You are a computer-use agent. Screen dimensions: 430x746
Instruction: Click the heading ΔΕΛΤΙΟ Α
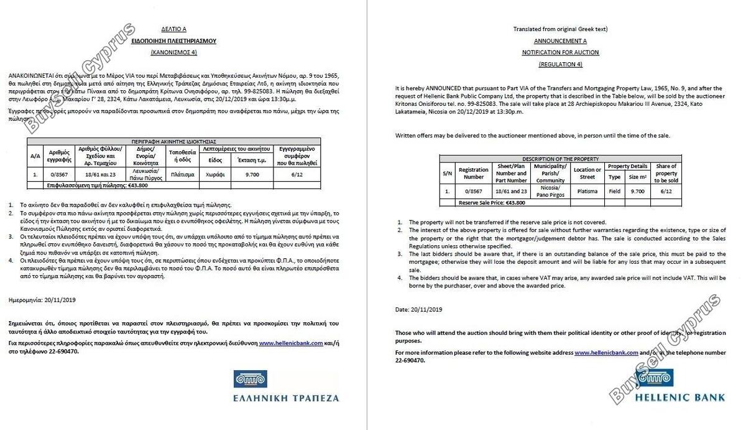point(173,29)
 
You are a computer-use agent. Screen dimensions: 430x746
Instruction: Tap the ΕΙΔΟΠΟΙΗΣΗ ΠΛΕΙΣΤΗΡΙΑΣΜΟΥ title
point(173,40)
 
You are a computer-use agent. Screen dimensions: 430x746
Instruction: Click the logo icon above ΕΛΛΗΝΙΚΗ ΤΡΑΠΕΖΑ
point(251,379)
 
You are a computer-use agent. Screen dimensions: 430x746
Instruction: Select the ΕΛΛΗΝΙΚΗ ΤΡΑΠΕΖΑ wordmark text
point(286,397)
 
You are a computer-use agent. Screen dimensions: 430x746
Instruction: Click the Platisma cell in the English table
point(587,192)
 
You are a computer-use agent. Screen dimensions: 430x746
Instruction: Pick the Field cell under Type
point(614,192)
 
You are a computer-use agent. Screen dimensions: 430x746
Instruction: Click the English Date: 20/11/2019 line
point(418,309)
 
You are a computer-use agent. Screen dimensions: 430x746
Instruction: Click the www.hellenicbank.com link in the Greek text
point(291,343)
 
